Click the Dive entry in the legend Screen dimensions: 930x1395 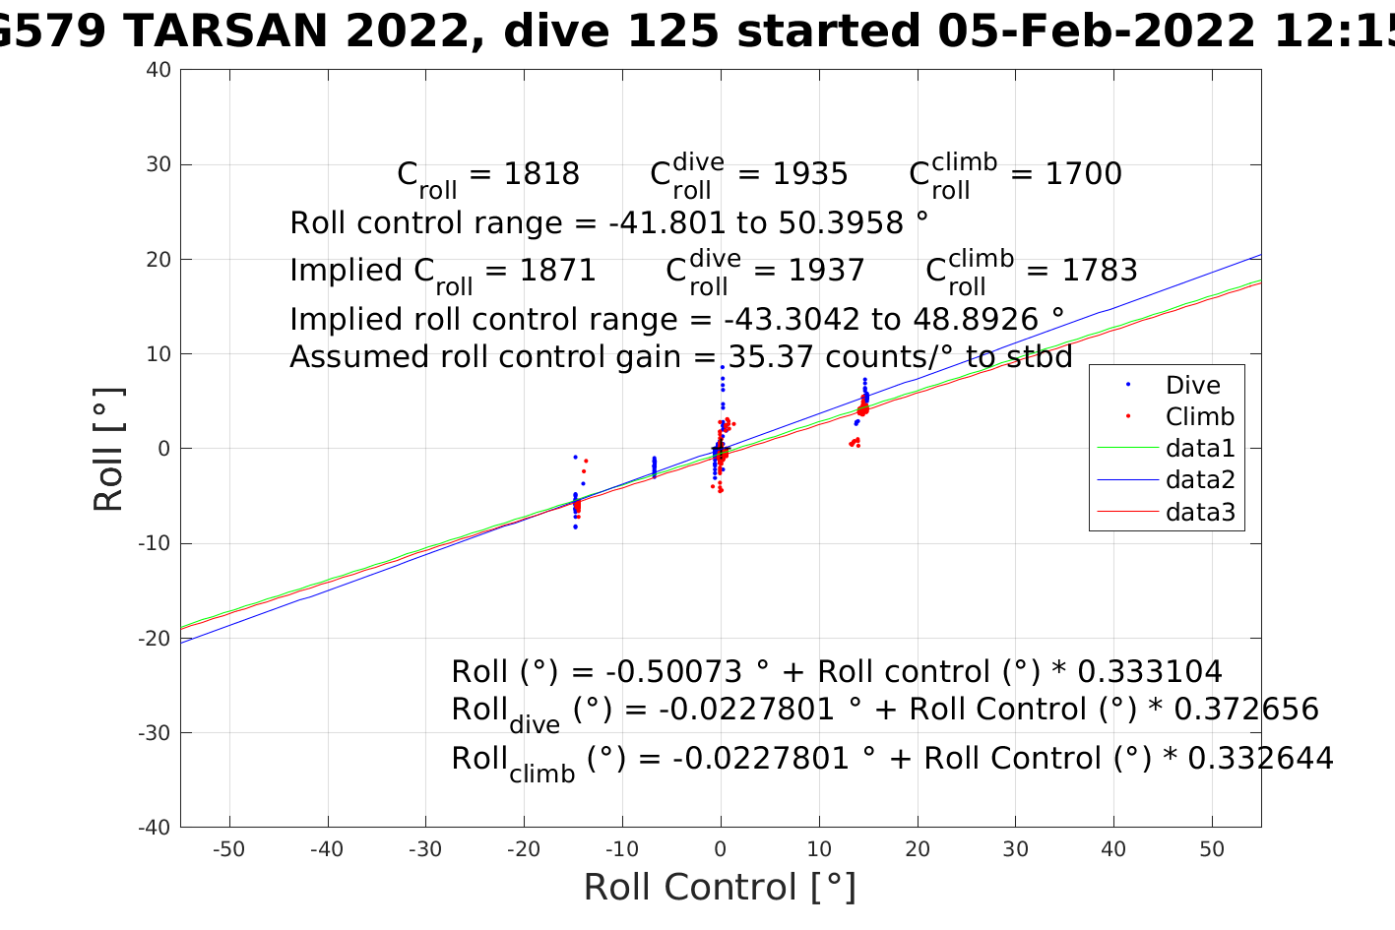(x=1192, y=386)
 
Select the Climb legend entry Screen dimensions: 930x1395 (x=1199, y=417)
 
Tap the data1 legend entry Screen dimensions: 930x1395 (x=1199, y=449)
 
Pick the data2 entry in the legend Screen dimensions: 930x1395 (x=1199, y=480)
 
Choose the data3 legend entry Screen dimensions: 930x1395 (x=1199, y=512)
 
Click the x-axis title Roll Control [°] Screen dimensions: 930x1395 (x=720, y=888)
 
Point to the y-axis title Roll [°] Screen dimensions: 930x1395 (x=109, y=449)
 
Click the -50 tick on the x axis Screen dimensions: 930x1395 (x=228, y=849)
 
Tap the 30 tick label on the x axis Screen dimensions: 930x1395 (x=1015, y=849)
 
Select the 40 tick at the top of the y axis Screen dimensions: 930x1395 (x=159, y=70)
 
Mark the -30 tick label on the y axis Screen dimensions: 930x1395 (x=156, y=733)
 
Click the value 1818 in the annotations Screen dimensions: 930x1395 (x=541, y=174)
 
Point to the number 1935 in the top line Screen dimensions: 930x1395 (x=809, y=174)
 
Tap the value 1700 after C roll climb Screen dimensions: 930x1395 (x=1083, y=174)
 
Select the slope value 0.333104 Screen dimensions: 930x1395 (x=1150, y=672)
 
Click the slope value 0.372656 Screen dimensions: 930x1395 (x=1246, y=710)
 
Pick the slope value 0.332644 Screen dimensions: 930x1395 (x=1261, y=759)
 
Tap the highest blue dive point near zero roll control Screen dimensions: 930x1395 (x=722, y=367)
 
